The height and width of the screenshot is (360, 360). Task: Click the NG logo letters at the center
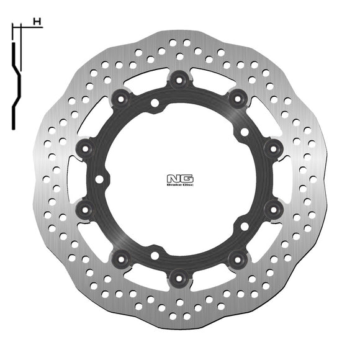tap(179, 177)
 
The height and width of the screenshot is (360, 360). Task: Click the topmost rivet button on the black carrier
tap(179, 79)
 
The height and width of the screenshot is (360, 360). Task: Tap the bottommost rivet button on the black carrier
tap(179, 274)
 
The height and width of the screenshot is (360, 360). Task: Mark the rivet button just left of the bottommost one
tap(122, 256)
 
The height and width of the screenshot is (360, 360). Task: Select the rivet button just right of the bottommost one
tap(236, 256)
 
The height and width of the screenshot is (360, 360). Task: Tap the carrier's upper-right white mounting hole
tap(245, 132)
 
